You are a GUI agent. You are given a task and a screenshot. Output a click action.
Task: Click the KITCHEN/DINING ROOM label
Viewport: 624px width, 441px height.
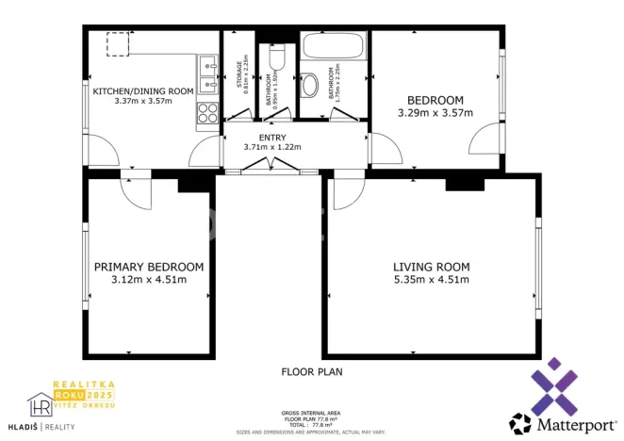pos(142,90)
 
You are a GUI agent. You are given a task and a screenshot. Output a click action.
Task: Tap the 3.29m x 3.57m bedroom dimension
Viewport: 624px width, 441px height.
pos(435,113)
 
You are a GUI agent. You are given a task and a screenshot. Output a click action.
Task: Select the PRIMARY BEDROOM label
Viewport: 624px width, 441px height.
pos(149,267)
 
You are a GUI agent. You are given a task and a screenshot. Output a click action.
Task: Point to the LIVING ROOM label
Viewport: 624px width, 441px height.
pos(431,267)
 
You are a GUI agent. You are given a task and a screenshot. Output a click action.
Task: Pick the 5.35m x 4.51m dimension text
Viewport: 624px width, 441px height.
pos(431,279)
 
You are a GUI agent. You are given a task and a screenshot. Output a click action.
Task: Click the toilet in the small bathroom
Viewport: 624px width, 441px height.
pos(276,58)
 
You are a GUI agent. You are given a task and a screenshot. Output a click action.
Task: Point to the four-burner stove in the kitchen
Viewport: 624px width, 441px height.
pos(207,114)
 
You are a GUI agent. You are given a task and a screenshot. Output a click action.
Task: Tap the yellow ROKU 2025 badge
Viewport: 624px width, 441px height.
pos(82,397)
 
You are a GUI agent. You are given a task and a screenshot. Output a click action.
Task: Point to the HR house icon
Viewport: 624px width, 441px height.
pos(40,405)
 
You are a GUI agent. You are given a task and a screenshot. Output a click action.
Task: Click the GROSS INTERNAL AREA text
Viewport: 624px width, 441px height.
pos(310,413)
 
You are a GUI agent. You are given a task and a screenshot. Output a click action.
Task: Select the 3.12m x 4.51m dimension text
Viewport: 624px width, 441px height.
pos(149,279)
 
